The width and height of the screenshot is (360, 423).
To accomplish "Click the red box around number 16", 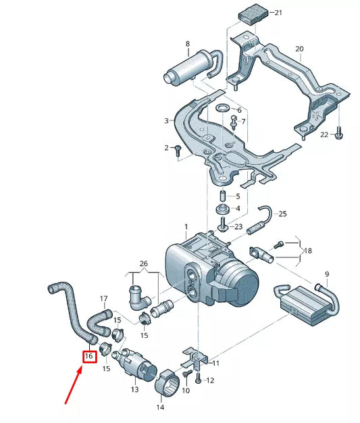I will (x=88, y=355).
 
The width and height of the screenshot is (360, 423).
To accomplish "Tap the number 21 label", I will (x=280, y=14).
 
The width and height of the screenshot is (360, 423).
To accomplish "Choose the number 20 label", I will (x=299, y=49).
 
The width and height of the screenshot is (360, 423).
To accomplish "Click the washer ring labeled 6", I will (x=222, y=109).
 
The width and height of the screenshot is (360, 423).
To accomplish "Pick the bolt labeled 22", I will (x=338, y=134).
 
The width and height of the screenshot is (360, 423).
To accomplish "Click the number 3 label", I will (x=165, y=121).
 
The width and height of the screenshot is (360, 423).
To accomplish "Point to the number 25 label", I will (x=282, y=214).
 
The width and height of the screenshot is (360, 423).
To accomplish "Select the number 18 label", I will (x=307, y=251).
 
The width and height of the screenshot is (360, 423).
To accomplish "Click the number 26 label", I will (x=143, y=263).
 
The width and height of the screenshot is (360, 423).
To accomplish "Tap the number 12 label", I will (x=209, y=381).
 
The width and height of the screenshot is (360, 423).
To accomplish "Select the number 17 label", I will (x=103, y=298).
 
